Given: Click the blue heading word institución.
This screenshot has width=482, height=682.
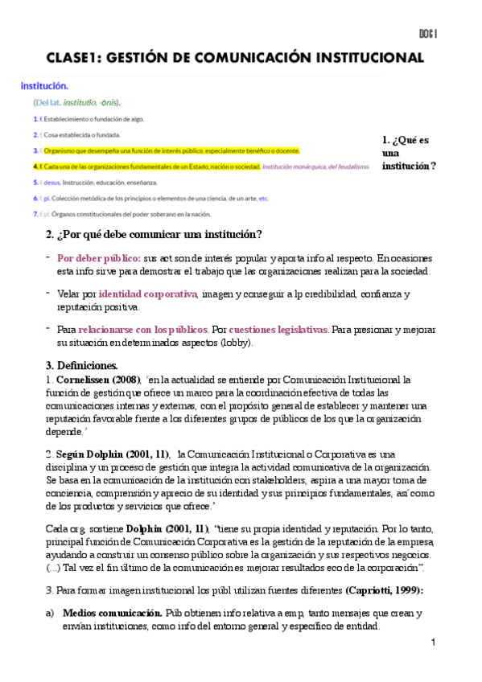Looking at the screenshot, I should [x=44, y=85].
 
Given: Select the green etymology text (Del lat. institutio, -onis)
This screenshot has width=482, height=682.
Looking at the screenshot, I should [x=77, y=102].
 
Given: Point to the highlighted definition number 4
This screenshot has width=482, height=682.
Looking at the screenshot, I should [x=35, y=166].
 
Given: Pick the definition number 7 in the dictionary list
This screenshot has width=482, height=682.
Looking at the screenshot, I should [x=35, y=214].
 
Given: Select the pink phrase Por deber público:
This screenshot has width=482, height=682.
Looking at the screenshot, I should [x=99, y=258].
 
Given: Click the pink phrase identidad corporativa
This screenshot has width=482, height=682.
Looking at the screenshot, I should [x=148, y=294].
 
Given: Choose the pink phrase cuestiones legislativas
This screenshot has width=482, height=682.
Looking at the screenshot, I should [x=278, y=330].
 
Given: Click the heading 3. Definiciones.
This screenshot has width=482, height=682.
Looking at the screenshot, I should [x=81, y=365].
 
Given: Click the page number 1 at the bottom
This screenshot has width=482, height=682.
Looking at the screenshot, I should [x=433, y=643].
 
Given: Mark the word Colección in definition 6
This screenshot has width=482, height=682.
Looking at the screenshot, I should [x=74, y=198].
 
